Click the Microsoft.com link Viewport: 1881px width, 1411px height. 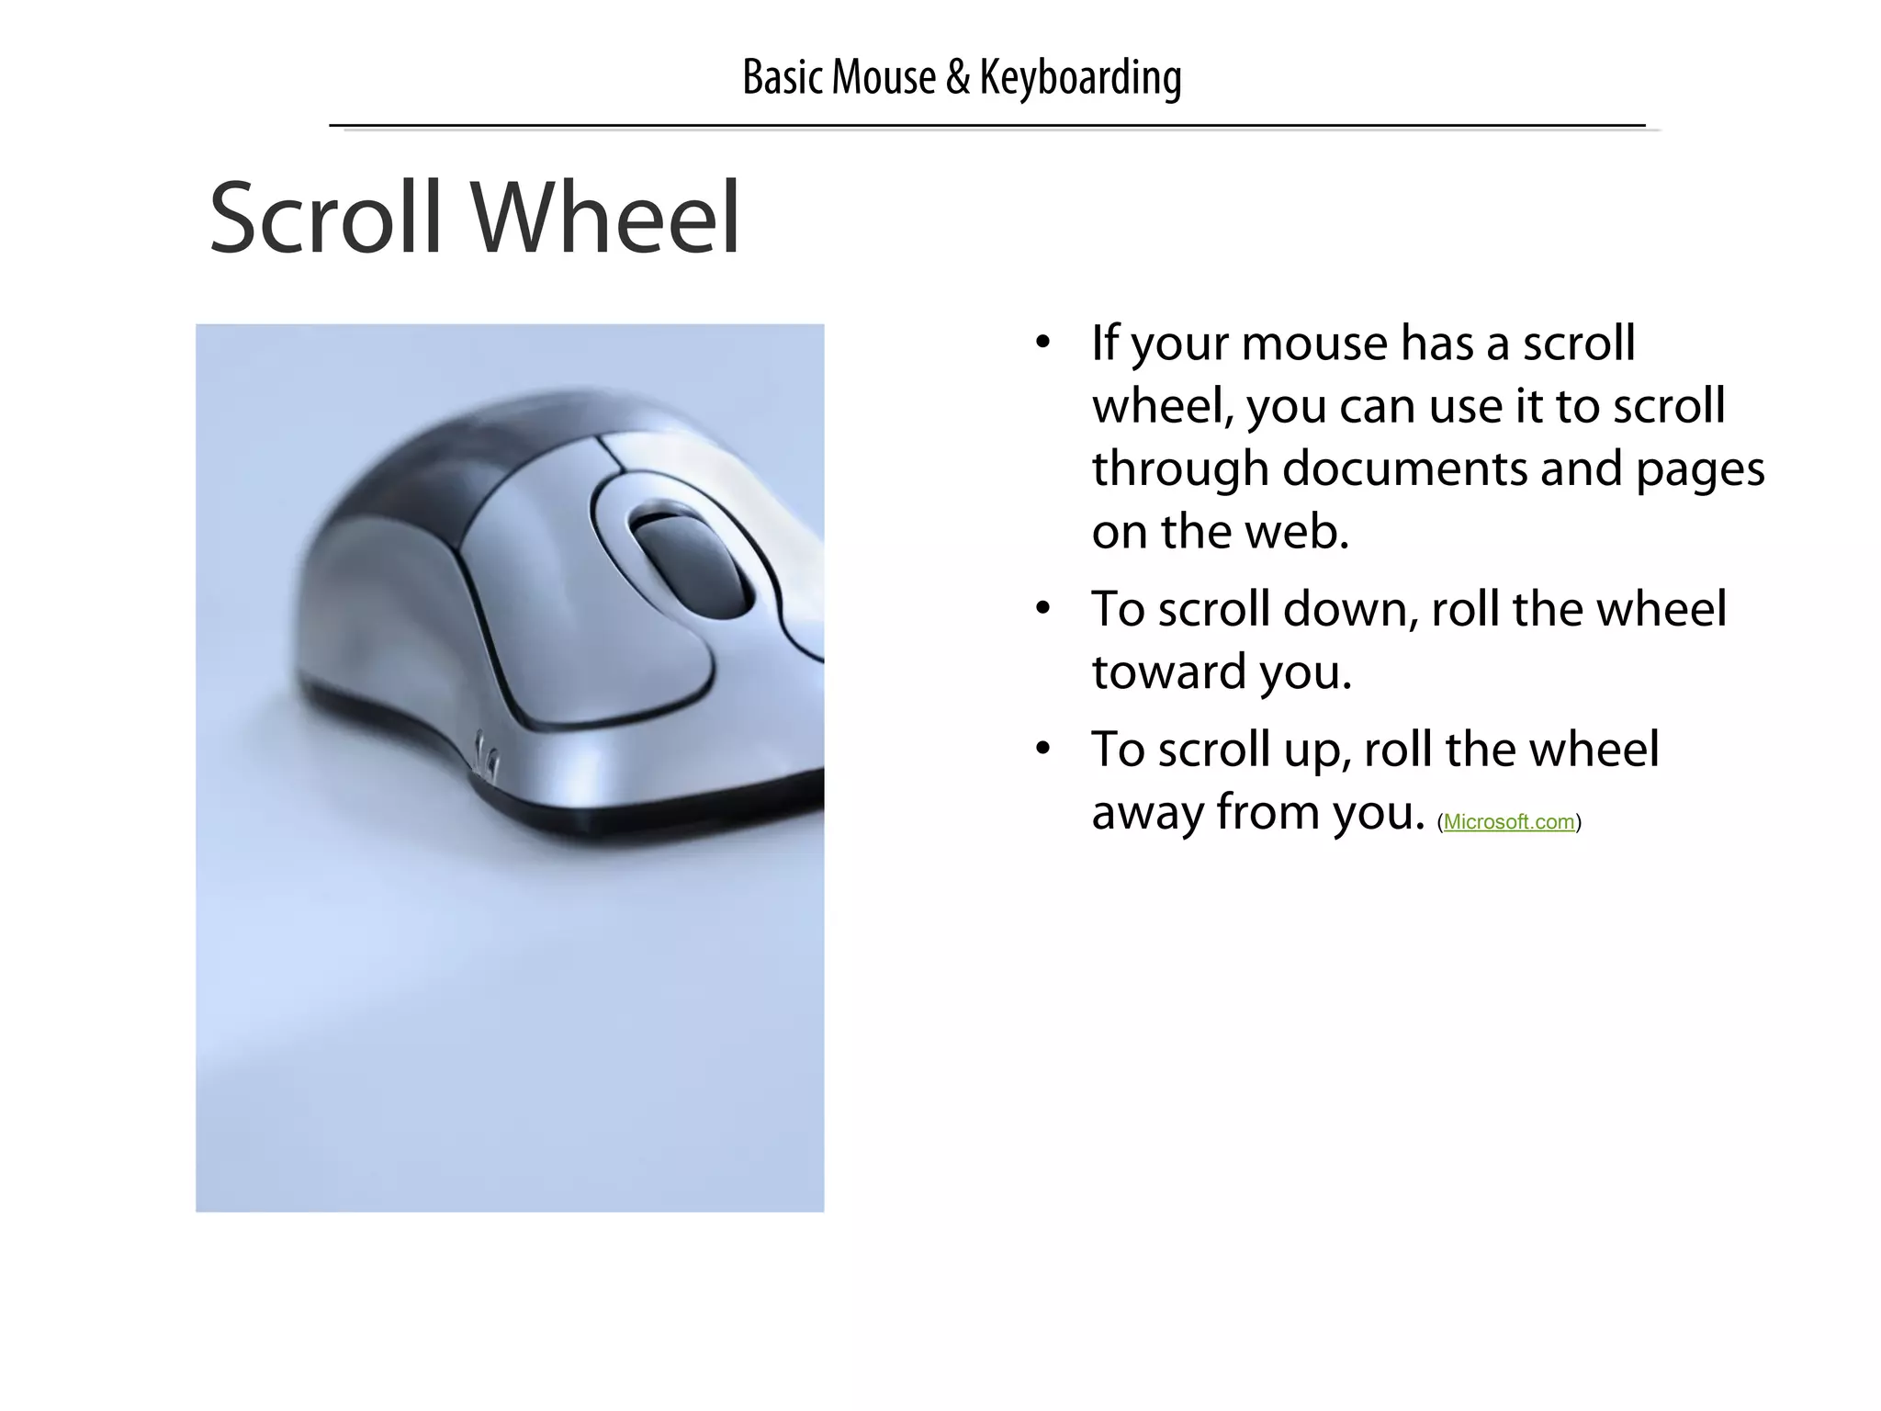coord(1509,822)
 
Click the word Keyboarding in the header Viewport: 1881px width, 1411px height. coord(1080,77)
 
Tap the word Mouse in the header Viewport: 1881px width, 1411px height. coord(884,77)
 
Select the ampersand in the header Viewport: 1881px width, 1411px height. coord(957,77)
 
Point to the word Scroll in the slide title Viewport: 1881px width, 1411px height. coord(326,218)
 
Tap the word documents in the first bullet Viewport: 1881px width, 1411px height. coord(1405,468)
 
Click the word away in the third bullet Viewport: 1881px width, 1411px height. coord(1147,812)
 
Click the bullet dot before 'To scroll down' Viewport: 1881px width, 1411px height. coord(1042,610)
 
